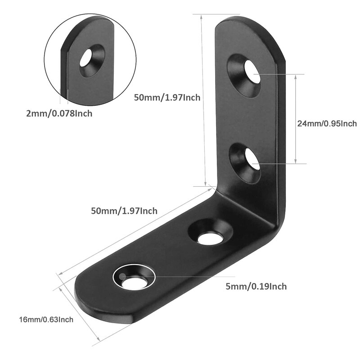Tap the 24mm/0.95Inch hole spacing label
[327, 123]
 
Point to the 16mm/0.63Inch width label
[46, 319]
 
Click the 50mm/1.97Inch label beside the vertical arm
[167, 97]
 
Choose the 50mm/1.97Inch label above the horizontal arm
[124, 211]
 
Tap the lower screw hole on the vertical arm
[252, 160]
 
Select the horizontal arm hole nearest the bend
[210, 239]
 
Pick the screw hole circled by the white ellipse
[134, 283]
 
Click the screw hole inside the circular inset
[86, 58]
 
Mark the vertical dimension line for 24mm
[296, 119]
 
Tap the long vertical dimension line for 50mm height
[200, 99]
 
